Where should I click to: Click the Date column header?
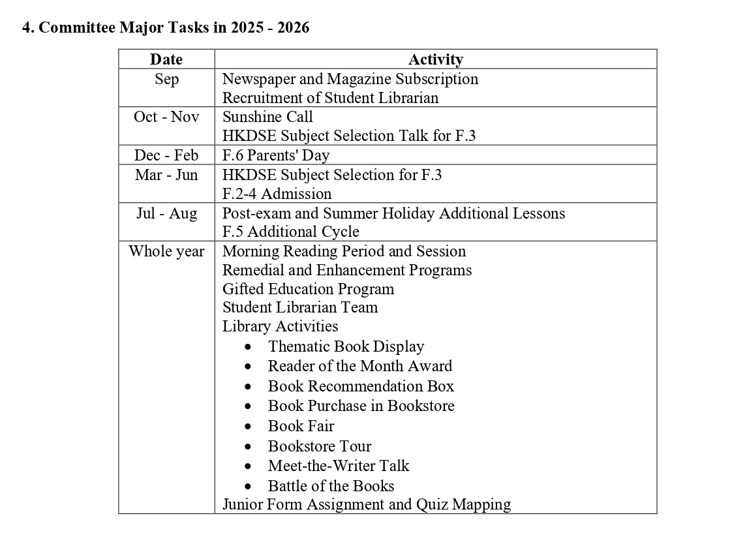tap(166, 59)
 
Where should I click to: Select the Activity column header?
tap(435, 59)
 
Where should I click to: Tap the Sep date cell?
tap(166, 79)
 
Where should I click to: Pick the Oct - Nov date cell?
tap(166, 117)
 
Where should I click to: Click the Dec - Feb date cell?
tap(166, 155)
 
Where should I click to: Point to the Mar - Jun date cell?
tap(166, 175)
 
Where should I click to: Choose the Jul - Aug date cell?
tap(166, 213)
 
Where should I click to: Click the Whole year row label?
tap(166, 251)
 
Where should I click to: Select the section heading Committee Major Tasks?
tap(166, 27)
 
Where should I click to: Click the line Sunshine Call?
tap(267, 117)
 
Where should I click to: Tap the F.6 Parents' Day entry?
tap(276, 155)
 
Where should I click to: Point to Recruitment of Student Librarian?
tap(330, 98)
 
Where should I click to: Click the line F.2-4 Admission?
tap(277, 194)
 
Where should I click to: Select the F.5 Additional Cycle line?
tap(290, 232)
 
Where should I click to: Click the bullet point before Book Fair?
tap(248, 427)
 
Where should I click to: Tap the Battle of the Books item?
tap(331, 486)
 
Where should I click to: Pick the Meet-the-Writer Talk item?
tap(339, 466)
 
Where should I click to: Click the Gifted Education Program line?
tap(308, 289)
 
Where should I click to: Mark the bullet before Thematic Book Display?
tap(248, 347)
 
